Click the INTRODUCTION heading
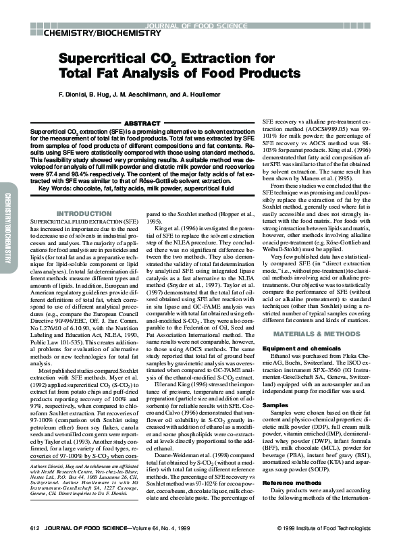84,214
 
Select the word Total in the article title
80,73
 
